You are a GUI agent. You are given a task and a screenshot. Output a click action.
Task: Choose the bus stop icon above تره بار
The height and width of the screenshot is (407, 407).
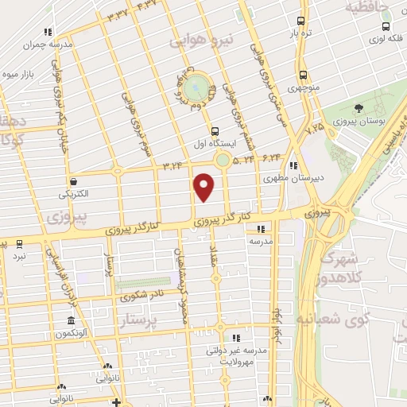[300, 21]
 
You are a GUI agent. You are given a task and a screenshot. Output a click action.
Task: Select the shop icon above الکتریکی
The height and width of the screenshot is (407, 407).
[73, 181]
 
